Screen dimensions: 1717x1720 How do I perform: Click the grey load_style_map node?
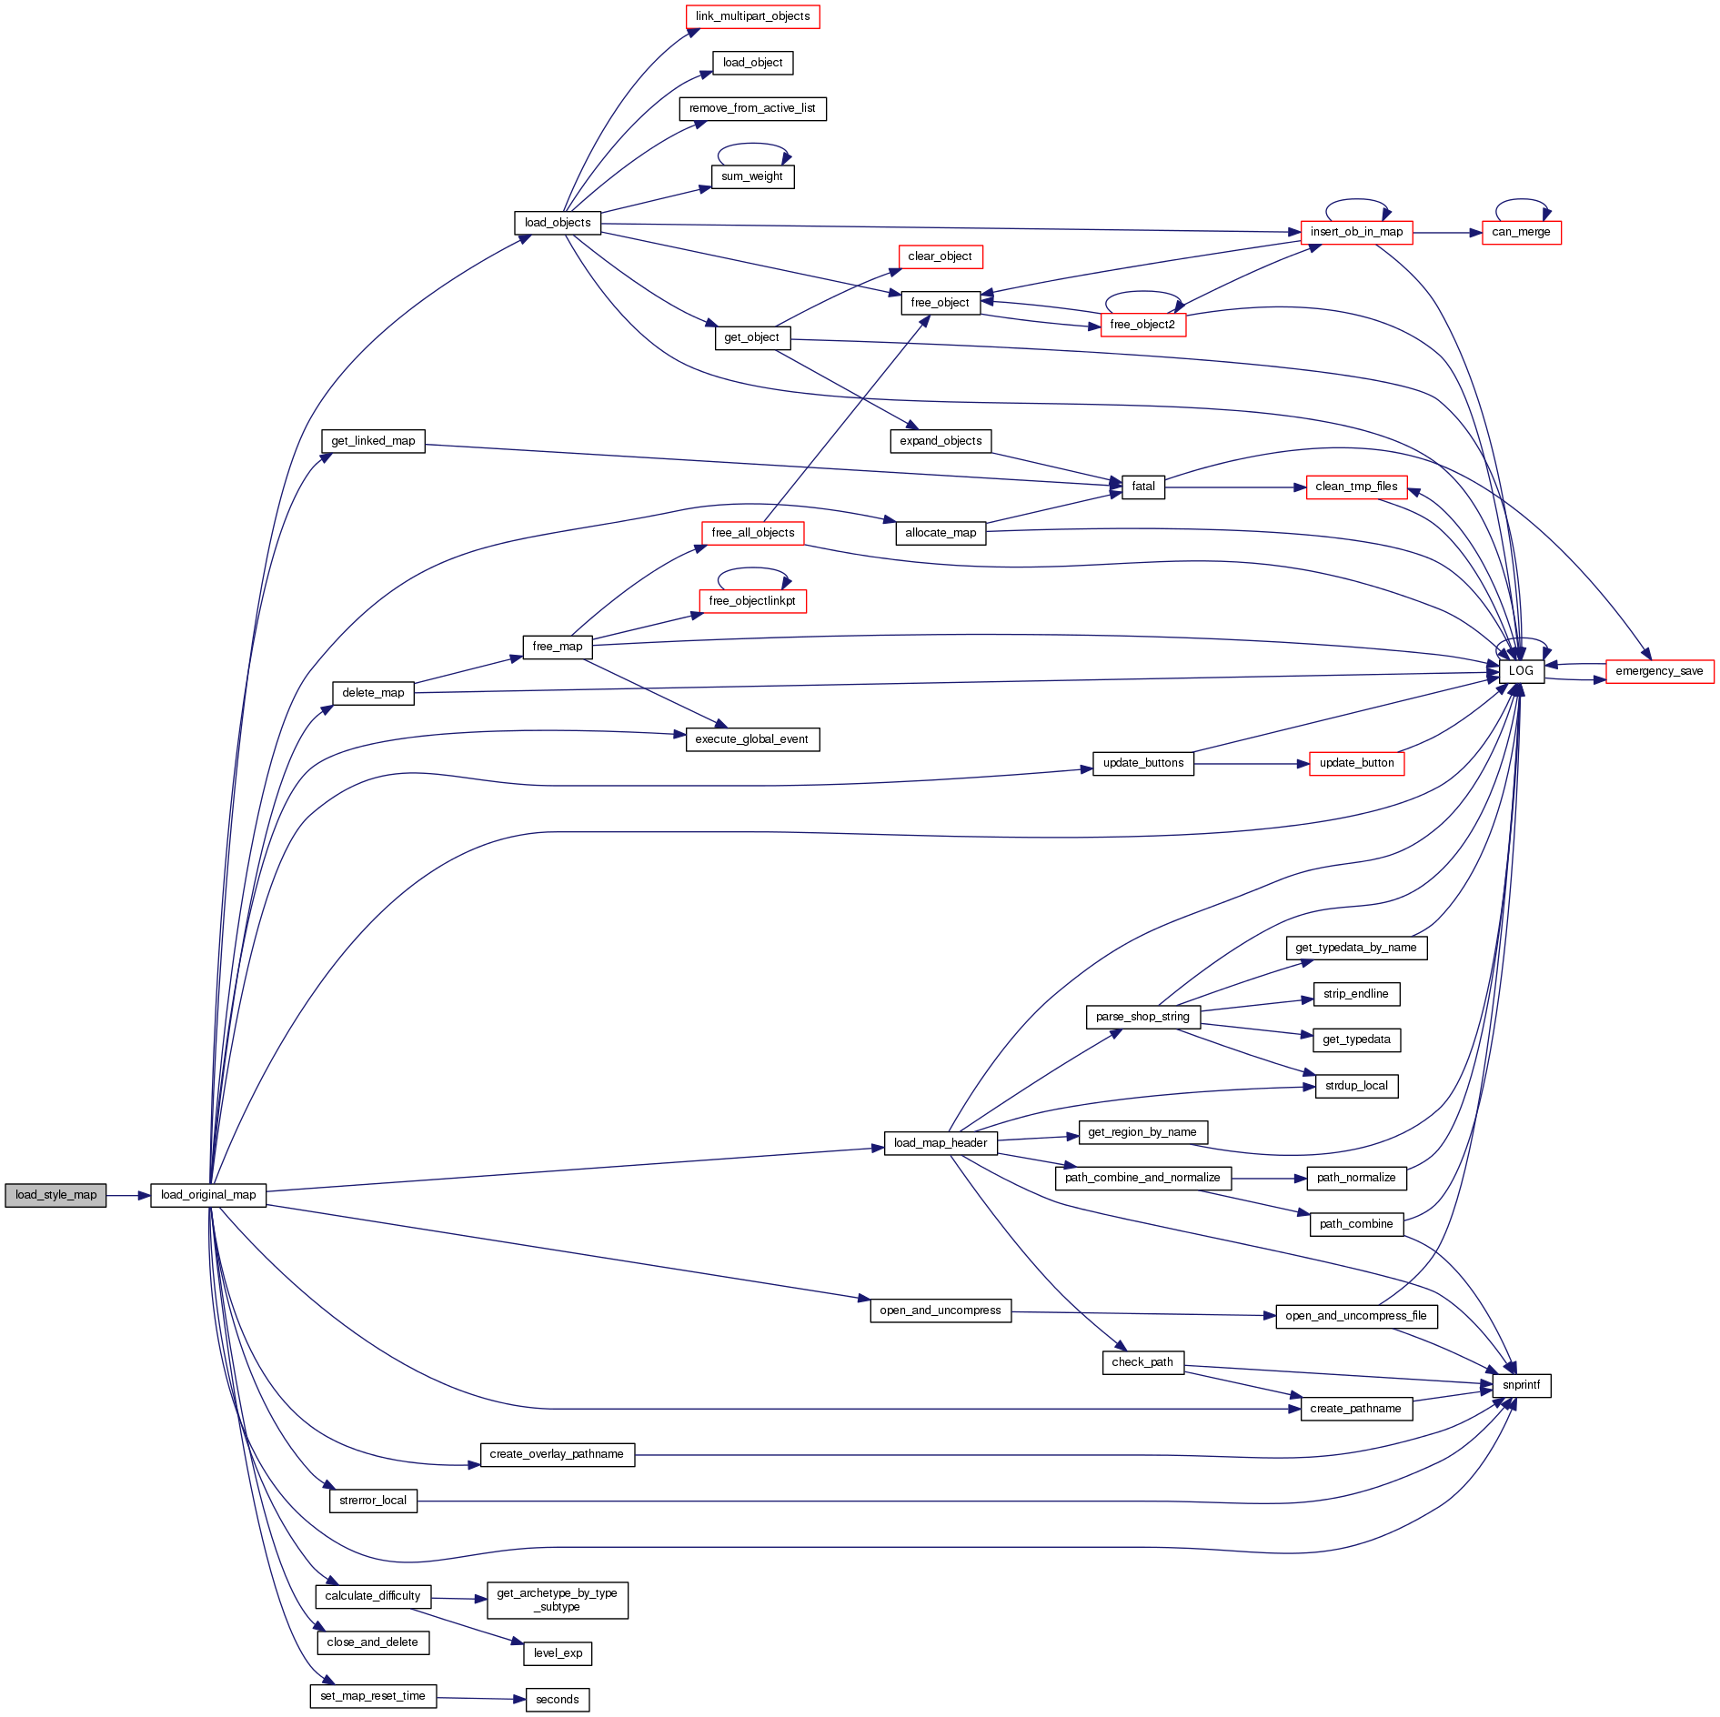[x=55, y=1195]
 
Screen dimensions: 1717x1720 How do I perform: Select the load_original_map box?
[x=208, y=1195]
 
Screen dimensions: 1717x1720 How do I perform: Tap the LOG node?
[x=1521, y=671]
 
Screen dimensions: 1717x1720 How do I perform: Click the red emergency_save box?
[x=1659, y=671]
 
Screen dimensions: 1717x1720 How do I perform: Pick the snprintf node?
[x=1521, y=1385]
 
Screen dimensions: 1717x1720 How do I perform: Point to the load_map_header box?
[x=940, y=1143]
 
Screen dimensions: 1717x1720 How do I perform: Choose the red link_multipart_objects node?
[x=752, y=16]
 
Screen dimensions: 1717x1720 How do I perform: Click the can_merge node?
[x=1521, y=232]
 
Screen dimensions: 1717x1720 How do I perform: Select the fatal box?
[x=1143, y=487]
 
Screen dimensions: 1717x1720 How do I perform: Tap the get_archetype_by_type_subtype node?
[x=557, y=1600]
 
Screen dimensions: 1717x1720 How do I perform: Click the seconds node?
[x=557, y=1699]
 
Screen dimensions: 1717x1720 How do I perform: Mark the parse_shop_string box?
[x=1142, y=1017]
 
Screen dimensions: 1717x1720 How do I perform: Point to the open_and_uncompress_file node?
[x=1355, y=1316]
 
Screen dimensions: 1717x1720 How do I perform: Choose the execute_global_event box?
[x=751, y=739]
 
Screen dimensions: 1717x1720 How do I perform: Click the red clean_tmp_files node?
[x=1356, y=487]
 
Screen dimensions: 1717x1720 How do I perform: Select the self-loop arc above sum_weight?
[x=752, y=145]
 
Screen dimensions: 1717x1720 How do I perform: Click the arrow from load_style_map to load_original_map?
[x=128, y=1195]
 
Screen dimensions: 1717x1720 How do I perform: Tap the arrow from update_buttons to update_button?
[x=1251, y=764]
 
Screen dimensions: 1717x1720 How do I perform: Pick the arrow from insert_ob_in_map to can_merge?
[x=1447, y=233]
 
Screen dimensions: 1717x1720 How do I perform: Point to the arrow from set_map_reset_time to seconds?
[x=481, y=1698]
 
